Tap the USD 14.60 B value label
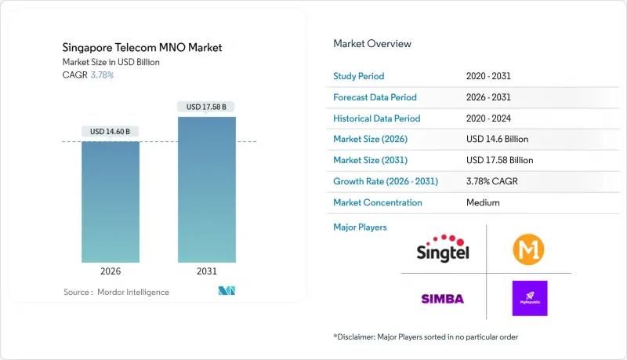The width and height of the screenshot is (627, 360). point(111,131)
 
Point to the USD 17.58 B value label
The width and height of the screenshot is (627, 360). point(207,107)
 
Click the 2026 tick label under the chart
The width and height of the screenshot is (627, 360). point(111,271)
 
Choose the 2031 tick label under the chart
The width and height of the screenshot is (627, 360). point(207,271)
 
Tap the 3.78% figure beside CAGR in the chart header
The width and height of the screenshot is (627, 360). point(102,75)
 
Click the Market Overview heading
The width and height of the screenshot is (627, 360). point(371,43)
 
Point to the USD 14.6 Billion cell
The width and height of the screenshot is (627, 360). point(498,139)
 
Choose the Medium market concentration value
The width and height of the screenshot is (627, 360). point(483,202)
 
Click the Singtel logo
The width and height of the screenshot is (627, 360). point(443,249)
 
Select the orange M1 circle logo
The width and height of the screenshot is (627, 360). point(529,249)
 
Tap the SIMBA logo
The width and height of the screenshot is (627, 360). point(443,298)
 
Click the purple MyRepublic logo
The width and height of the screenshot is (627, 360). point(529,298)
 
